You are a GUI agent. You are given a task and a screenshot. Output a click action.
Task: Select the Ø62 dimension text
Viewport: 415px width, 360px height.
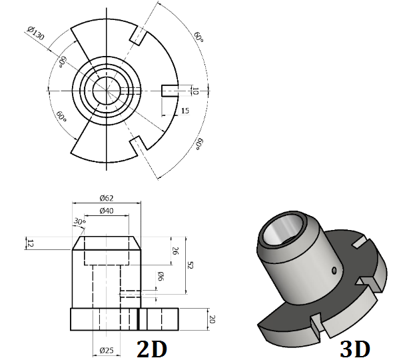(106, 197)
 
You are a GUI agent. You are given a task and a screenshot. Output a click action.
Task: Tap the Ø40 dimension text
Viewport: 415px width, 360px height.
(106, 211)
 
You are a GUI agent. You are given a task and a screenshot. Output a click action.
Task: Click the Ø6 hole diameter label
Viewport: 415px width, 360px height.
(161, 277)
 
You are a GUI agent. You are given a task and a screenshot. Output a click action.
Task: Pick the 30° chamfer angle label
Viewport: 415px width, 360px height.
(80, 222)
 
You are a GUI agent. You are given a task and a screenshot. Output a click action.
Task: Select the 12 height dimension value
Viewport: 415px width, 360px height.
(29, 243)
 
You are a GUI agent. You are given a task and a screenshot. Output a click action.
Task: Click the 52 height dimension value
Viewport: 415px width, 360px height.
(190, 265)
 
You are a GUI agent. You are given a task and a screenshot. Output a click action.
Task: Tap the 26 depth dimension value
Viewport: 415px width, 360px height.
(175, 251)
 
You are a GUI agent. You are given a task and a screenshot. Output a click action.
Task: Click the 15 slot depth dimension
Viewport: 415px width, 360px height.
(185, 111)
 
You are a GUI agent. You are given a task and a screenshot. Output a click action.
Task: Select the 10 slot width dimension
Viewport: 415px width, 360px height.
(195, 91)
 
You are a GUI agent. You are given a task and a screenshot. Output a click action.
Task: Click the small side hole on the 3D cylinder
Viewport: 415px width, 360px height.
(333, 270)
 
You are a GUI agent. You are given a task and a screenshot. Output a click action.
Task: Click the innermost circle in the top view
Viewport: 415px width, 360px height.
(106, 91)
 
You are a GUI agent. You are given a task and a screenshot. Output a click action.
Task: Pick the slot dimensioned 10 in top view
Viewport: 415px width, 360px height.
(169, 91)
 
